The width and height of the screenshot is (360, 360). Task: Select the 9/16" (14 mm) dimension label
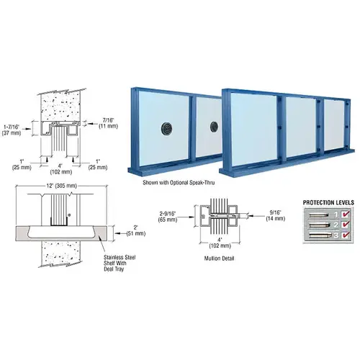point(260,215)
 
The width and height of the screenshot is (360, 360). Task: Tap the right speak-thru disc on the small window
point(214,127)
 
